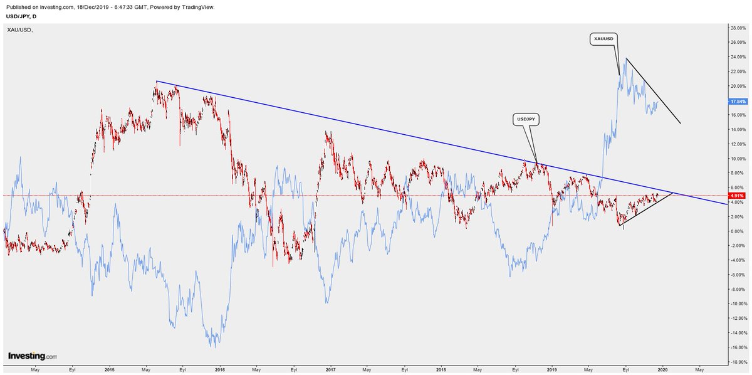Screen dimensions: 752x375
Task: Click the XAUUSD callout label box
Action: (x=603, y=39)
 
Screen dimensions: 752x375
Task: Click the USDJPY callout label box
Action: (x=526, y=120)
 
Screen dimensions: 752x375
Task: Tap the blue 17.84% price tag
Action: (x=738, y=101)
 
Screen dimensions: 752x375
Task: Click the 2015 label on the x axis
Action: (x=110, y=370)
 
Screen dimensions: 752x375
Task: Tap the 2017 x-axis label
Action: (x=331, y=370)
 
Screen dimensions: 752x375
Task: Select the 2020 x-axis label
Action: (x=662, y=370)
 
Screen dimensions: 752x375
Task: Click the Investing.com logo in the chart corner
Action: (x=33, y=356)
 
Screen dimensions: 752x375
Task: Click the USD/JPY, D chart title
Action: (x=21, y=16)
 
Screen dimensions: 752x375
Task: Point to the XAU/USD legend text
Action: (x=20, y=30)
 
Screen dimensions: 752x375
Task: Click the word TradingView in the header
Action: (x=198, y=7)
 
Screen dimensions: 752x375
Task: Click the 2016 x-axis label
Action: (x=220, y=370)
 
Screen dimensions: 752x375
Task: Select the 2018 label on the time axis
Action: (x=441, y=370)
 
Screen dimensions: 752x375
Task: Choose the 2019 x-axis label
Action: (x=551, y=370)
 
